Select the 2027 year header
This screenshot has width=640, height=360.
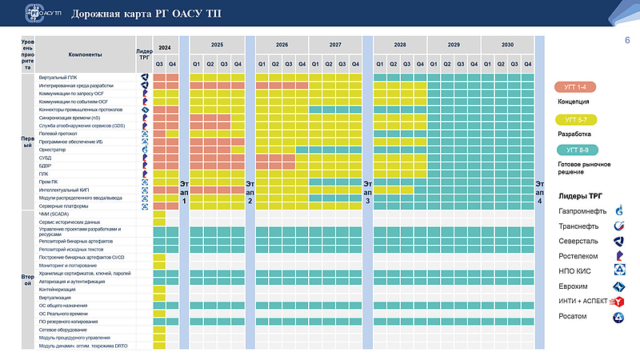(x=335, y=45)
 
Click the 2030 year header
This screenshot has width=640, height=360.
(x=507, y=45)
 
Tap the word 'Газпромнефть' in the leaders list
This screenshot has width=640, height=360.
(x=582, y=211)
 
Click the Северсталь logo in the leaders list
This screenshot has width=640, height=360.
(x=618, y=242)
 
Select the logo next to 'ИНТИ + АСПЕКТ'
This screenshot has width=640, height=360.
(x=618, y=302)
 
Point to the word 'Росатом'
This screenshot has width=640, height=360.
(x=573, y=317)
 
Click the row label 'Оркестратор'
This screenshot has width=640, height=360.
(x=52, y=150)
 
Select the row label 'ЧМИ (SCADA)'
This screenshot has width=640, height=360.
(x=54, y=214)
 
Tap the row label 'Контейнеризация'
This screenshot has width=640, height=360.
(x=58, y=289)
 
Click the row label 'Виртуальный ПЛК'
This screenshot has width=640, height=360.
(x=59, y=77)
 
